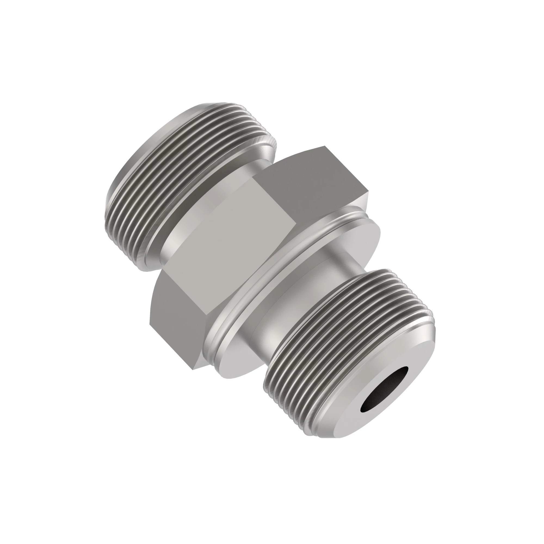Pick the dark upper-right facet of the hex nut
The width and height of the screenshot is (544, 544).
click(x=318, y=180)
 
